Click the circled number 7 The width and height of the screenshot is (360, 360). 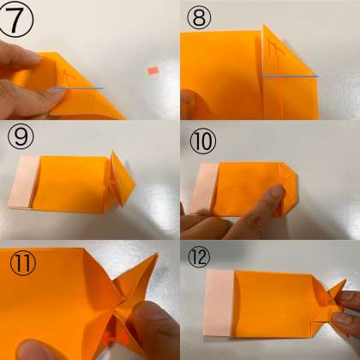click(16, 19)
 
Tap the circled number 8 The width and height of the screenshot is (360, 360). click(200, 17)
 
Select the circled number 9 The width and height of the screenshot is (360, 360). click(21, 137)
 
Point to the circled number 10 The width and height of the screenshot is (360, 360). click(203, 141)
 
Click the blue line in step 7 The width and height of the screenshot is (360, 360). click(79, 88)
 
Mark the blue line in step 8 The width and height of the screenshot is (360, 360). click(290, 76)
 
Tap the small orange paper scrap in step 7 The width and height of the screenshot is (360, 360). click(153, 70)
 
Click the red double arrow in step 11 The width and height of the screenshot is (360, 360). click(116, 339)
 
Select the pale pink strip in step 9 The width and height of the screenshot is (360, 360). click(23, 183)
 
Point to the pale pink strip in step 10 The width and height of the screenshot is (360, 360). click(204, 189)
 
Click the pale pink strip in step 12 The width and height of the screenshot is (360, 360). click(219, 303)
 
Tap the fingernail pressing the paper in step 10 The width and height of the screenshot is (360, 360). click(277, 192)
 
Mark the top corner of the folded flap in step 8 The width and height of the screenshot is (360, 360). click(263, 25)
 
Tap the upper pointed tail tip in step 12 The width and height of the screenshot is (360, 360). click(345, 280)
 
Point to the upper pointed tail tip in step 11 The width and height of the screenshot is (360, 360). click(157, 254)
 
